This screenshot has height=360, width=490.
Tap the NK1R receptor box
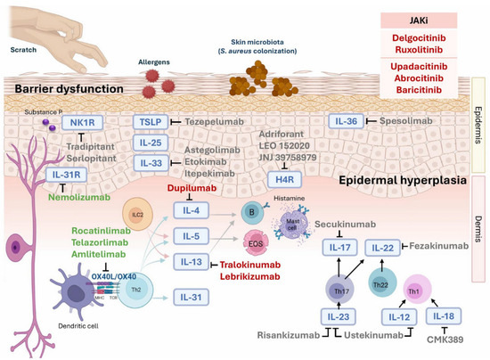pos(63,122)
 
